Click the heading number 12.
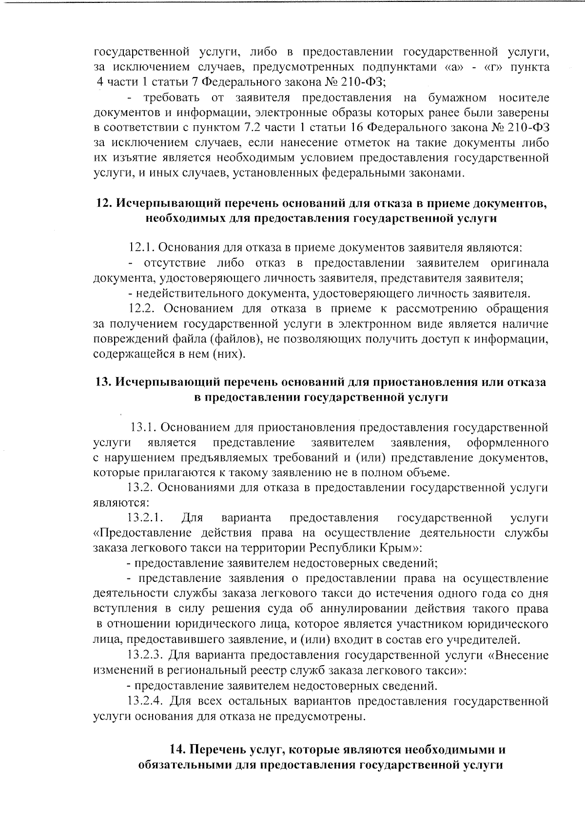pyautogui.click(x=103, y=203)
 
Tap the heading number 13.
pyautogui.click(x=103, y=382)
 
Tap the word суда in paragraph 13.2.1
pyautogui.click(x=302, y=609)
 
